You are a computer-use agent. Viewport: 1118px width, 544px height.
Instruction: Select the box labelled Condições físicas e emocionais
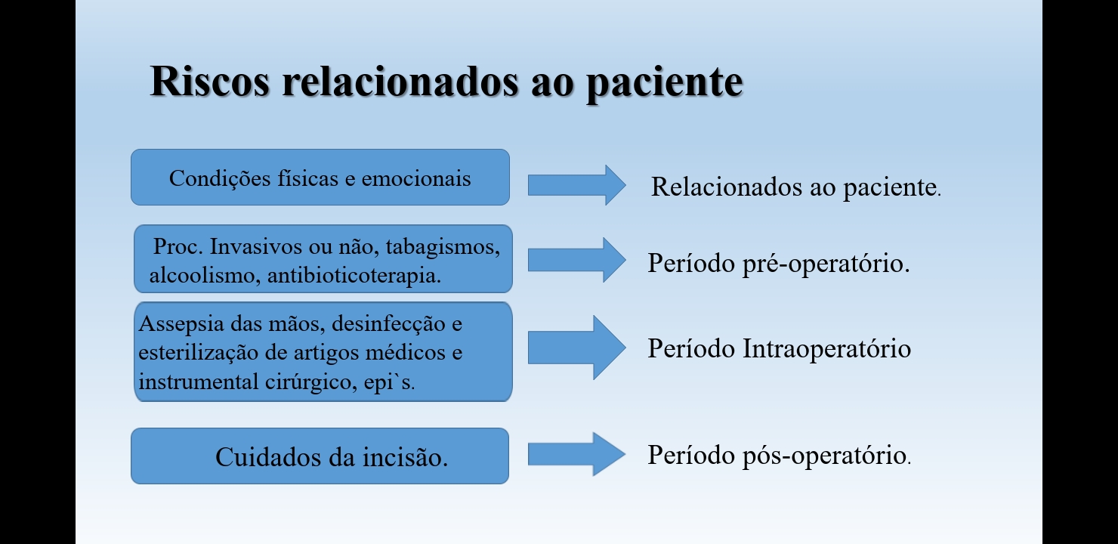pos(320,178)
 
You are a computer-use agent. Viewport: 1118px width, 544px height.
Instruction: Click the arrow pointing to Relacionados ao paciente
pos(576,185)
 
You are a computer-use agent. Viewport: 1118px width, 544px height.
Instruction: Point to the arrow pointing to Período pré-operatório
pos(576,260)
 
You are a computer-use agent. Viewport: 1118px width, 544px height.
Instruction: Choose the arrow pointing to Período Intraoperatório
pos(576,348)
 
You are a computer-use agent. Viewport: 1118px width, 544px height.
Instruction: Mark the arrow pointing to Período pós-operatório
pos(576,454)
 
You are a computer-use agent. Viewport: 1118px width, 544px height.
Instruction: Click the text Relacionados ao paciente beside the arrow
pos(795,187)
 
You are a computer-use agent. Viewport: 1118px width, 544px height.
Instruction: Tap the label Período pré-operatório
pos(778,264)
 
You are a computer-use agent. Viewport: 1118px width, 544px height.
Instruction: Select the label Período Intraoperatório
pos(779,348)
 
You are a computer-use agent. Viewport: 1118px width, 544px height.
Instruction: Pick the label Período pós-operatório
pos(778,455)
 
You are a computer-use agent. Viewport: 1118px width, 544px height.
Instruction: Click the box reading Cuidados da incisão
pos(320,456)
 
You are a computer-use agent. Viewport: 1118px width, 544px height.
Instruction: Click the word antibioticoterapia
pos(354,276)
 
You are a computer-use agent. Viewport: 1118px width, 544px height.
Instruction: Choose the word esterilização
pos(188,353)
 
